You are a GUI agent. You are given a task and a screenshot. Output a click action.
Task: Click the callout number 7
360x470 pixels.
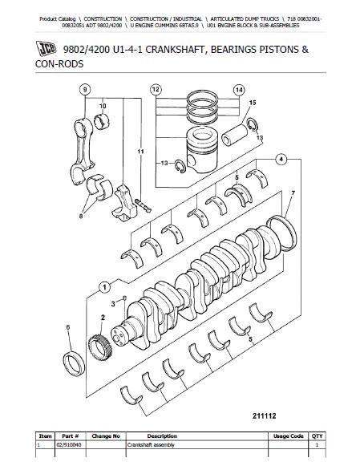[x=293, y=193]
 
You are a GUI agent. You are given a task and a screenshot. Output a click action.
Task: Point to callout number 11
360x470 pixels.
[x=141, y=151]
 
